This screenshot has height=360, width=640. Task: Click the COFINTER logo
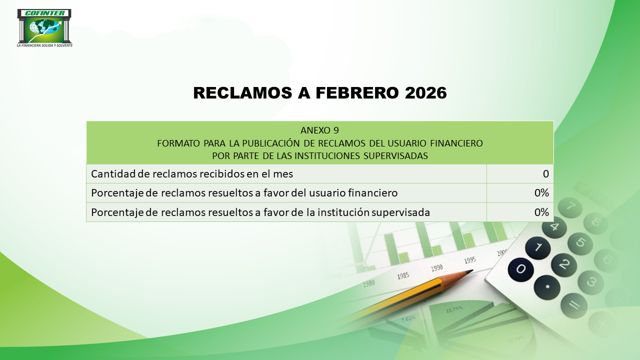[44, 26]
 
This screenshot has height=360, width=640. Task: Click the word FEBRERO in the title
[357, 93]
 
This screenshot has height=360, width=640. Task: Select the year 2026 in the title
[425, 93]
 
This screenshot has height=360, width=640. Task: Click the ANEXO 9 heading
[319, 130]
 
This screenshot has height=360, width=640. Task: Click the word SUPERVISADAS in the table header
[395, 156]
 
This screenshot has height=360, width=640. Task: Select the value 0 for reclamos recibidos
[545, 173]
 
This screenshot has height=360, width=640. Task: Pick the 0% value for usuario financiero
[541, 193]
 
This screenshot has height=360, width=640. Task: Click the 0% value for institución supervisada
[541, 212]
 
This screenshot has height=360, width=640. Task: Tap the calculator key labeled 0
[520, 269]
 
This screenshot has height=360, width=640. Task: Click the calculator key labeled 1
[538, 247]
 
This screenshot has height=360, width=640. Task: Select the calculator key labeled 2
[563, 265]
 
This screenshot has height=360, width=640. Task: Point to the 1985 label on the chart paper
[403, 276]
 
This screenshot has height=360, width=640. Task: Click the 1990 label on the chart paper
[437, 268]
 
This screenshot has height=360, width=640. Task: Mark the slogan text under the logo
[44, 45]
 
